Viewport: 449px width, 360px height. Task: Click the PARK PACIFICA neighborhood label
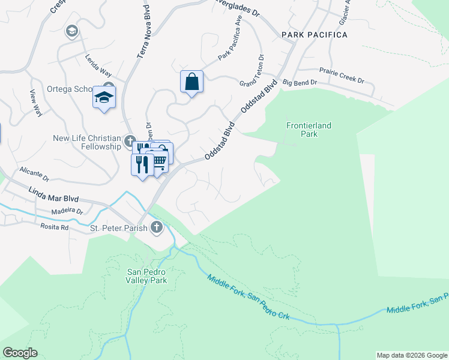315,35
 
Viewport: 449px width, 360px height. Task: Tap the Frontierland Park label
309,130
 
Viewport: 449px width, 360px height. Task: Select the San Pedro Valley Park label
146,275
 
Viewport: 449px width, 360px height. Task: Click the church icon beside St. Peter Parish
156,227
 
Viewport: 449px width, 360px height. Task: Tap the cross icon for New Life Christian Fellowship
129,142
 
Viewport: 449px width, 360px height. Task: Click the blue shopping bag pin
191,82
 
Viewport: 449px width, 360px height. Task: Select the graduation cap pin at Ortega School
104,97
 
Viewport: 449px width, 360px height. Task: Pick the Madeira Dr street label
67,211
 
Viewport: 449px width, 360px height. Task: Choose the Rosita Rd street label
55,228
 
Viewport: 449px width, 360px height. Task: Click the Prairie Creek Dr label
342,74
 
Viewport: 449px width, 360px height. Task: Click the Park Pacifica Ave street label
231,46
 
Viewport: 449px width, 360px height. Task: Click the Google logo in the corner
20,353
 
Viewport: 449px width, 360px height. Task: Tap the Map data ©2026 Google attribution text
412,355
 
